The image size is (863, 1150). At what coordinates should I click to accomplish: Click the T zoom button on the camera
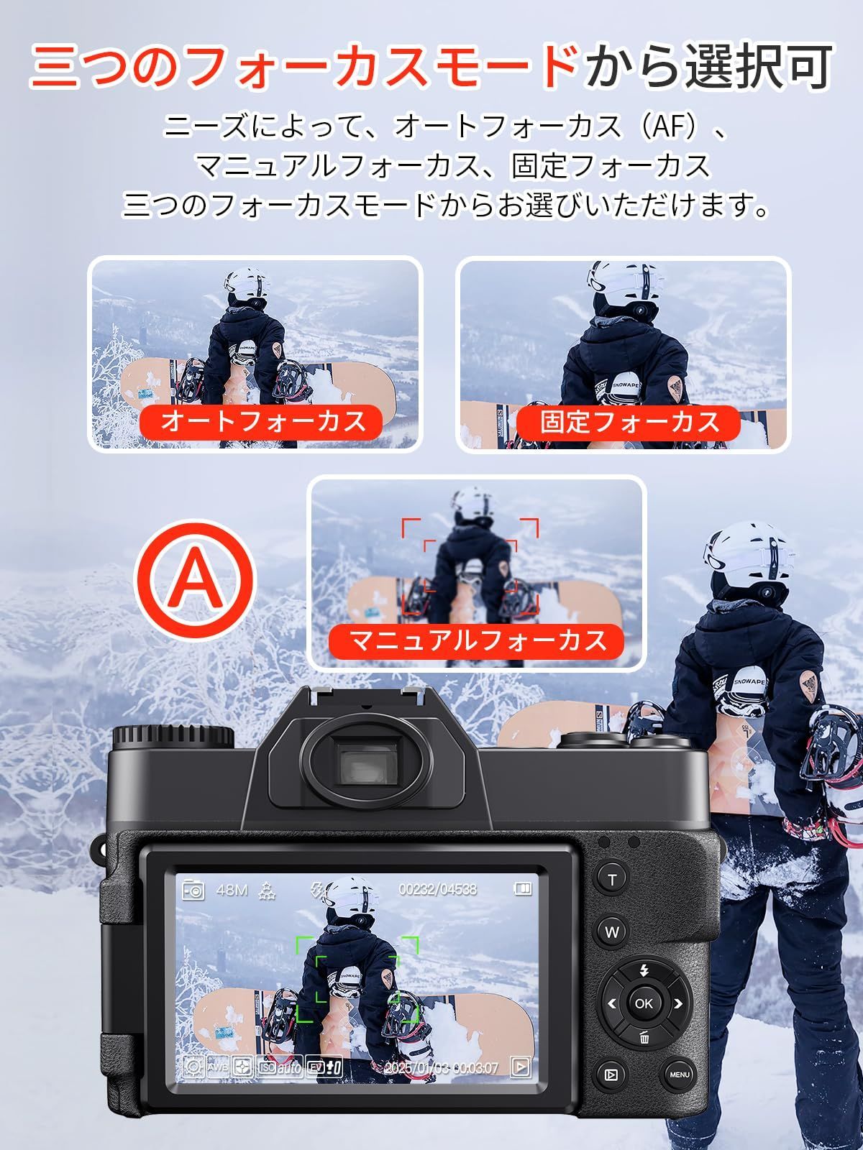(x=612, y=880)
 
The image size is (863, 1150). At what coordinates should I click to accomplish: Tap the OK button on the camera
(x=644, y=1003)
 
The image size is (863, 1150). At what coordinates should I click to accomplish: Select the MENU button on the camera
(x=680, y=1075)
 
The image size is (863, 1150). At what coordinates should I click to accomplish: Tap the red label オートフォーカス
(x=263, y=421)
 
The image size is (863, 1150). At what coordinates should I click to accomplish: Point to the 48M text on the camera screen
(x=232, y=890)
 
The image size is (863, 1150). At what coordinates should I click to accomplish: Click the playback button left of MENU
(x=611, y=1075)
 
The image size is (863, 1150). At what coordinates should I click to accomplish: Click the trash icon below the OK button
(x=644, y=1037)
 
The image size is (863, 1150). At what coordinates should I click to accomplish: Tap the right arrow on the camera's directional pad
(x=677, y=1003)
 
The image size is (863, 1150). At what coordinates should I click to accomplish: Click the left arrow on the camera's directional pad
(x=612, y=1003)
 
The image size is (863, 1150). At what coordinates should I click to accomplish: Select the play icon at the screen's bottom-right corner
(x=520, y=1067)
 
